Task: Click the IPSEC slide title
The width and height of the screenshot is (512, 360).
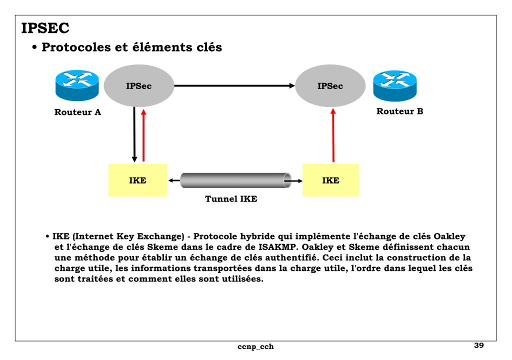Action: (x=45, y=28)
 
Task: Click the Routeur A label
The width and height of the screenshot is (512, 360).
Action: (x=77, y=112)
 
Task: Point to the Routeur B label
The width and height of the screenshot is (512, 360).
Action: (x=399, y=111)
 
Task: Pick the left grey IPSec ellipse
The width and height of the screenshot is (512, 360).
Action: (x=138, y=86)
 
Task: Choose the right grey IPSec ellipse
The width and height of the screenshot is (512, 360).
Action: (x=330, y=86)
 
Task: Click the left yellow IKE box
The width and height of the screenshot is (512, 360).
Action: (x=137, y=180)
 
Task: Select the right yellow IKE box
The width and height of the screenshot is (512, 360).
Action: (x=330, y=180)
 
